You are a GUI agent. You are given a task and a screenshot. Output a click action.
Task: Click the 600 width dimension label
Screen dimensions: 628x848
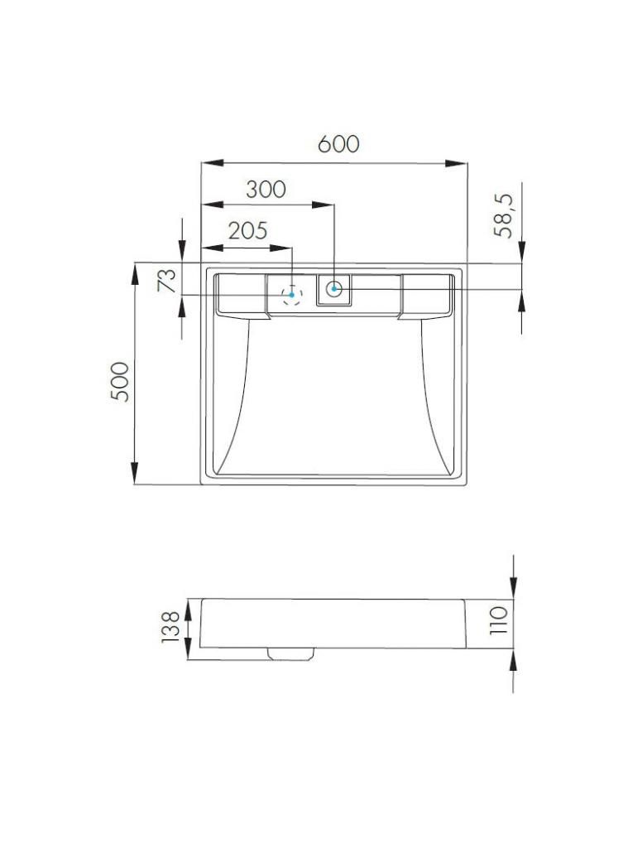[338, 144]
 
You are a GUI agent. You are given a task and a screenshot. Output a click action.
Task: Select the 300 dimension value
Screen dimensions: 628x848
[266, 190]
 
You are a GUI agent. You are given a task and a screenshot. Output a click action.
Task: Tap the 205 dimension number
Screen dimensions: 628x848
[247, 231]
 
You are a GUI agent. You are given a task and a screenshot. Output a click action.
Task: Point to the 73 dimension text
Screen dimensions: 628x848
[167, 280]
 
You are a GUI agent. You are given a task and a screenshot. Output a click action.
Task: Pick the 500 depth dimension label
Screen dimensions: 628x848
[120, 381]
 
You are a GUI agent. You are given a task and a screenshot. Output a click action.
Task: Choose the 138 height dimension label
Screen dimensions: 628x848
[170, 627]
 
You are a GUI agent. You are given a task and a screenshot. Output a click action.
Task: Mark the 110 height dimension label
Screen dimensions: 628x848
[498, 620]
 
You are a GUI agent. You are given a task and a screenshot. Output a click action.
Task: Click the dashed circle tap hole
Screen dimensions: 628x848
[292, 295]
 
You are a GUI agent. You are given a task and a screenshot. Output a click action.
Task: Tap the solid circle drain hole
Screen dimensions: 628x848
[334, 289]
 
